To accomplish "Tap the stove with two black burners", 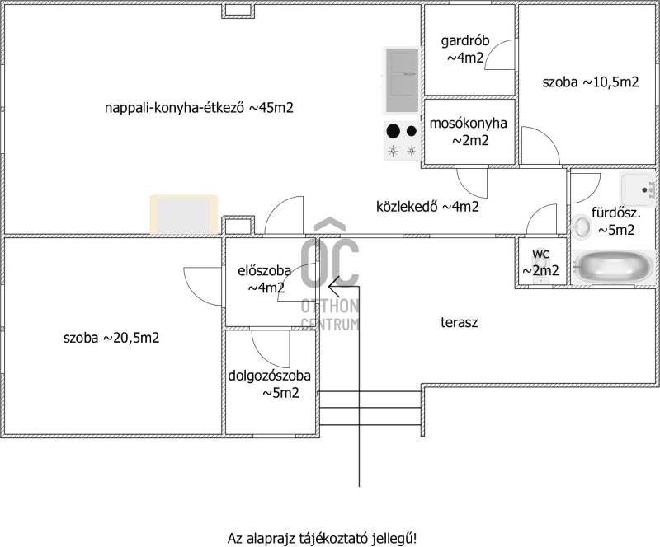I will click(402, 140).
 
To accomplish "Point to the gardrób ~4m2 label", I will click(467, 49).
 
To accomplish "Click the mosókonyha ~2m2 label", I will click(469, 132).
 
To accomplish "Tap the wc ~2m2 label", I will click(541, 262).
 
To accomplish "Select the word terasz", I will click(460, 323).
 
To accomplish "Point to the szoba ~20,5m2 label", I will click(111, 338).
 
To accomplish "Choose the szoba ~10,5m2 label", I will click(590, 82).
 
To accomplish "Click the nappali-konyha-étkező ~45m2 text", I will click(200, 108).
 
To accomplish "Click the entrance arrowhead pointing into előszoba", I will click(333, 286).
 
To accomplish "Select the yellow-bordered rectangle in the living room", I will click(184, 214).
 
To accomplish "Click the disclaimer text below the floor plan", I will click(322, 538).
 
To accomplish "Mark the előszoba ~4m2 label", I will click(261, 278).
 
